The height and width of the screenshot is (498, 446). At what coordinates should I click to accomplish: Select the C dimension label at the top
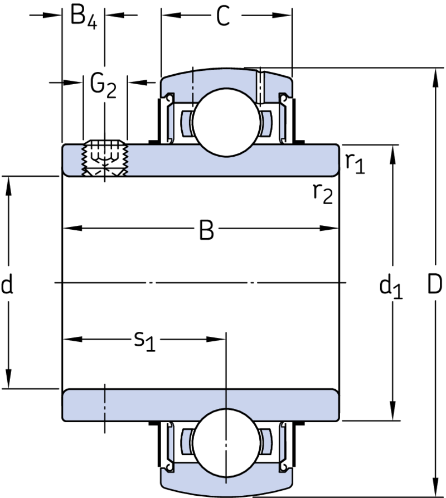tap(223, 16)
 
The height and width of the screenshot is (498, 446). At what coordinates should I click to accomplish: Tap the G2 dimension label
tap(103, 85)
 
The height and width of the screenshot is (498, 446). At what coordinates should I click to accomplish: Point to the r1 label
tap(355, 163)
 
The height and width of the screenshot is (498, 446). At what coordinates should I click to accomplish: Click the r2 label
tap(323, 193)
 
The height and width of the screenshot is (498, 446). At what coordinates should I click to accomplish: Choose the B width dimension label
tap(206, 229)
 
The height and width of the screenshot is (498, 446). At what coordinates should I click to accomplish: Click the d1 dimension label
tap(391, 287)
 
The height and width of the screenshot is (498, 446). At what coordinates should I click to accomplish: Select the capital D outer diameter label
tap(435, 284)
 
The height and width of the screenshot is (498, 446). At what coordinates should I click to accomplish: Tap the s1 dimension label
tap(145, 341)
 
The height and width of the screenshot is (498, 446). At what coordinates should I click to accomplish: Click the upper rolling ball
tap(226, 123)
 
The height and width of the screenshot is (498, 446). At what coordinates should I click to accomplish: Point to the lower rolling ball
tap(226, 443)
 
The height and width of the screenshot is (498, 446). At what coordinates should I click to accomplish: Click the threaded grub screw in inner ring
tap(105, 158)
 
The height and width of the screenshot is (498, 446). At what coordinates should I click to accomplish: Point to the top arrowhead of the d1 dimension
tap(393, 154)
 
